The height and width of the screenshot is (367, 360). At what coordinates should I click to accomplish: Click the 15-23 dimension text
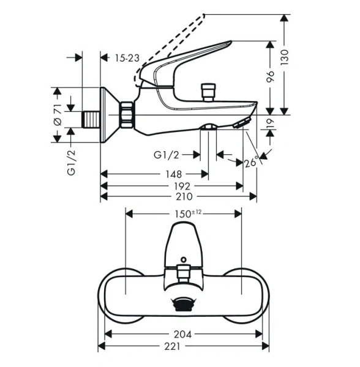(127, 57)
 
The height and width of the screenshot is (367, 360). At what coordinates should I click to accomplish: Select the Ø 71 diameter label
(57, 114)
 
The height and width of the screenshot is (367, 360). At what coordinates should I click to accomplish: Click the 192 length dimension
(180, 185)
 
